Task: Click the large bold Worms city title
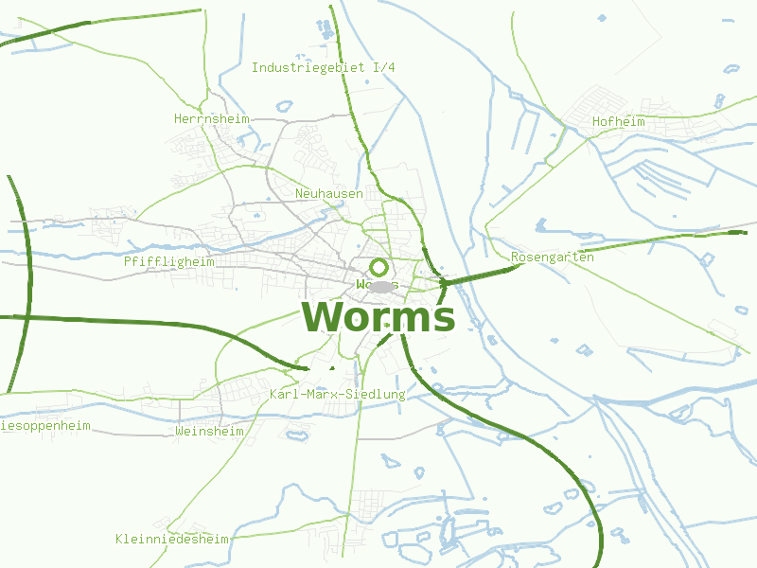pyautogui.click(x=378, y=317)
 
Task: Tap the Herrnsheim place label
pyautogui.click(x=211, y=119)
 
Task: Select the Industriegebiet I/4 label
pyautogui.click(x=323, y=68)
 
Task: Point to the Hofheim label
pyautogui.click(x=618, y=122)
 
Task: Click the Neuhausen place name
pyautogui.click(x=328, y=194)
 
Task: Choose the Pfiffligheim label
pyautogui.click(x=168, y=261)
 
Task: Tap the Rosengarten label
pyautogui.click(x=552, y=257)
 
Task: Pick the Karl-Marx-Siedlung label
pyautogui.click(x=337, y=394)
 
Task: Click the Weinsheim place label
pyautogui.click(x=209, y=432)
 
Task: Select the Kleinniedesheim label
pyautogui.click(x=172, y=540)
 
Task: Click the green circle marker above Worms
pyautogui.click(x=378, y=267)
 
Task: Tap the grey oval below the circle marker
pyautogui.click(x=380, y=286)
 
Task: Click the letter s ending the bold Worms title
pyautogui.click(x=444, y=319)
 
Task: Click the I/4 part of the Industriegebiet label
pyautogui.click(x=384, y=68)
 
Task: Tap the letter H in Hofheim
pyautogui.click(x=596, y=122)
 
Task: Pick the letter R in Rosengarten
pyautogui.click(x=515, y=257)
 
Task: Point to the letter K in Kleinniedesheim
pyautogui.click(x=119, y=540)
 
